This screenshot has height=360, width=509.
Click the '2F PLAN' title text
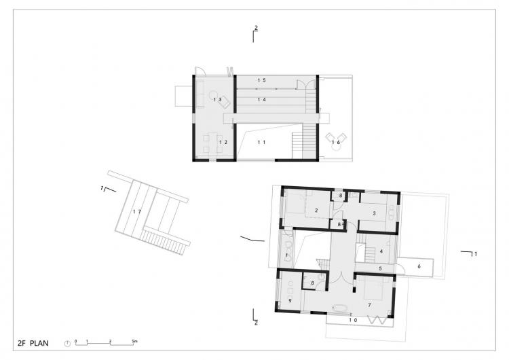point(33,343)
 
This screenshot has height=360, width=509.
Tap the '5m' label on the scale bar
point(135,341)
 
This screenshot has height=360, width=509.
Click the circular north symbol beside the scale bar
point(67,344)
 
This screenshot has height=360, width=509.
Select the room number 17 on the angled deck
point(137,211)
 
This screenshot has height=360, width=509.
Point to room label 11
point(262,142)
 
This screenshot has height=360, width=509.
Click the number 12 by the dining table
point(223,143)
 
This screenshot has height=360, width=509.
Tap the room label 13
point(217,99)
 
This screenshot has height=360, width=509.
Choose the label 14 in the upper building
point(262,99)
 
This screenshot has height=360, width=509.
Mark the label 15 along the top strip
point(262,80)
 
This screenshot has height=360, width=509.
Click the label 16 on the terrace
point(336,142)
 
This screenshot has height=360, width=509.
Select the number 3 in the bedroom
point(374,213)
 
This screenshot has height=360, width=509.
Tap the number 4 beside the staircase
point(381,251)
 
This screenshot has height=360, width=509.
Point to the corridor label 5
point(381,268)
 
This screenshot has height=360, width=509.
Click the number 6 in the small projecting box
point(419,266)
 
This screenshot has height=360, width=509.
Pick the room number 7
point(369,305)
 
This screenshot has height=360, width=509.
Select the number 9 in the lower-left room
point(290,301)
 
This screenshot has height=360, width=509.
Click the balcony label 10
point(353,320)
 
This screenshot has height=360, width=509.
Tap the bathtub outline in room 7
point(339,308)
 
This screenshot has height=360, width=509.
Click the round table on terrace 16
point(336,147)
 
